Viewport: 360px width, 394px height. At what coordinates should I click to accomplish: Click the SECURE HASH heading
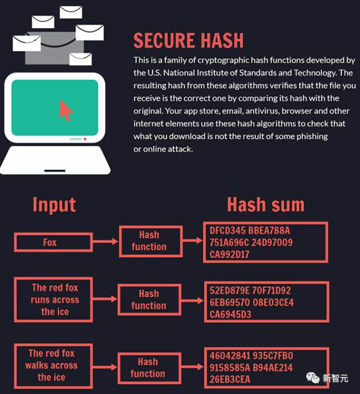tap(188, 40)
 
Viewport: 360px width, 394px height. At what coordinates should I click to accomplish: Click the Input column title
tap(54, 205)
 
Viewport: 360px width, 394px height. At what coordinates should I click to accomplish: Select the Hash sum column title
tap(265, 205)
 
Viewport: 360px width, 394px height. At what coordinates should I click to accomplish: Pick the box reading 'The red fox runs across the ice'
tap(55, 300)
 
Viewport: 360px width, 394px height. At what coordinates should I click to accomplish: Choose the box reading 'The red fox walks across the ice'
tap(51, 365)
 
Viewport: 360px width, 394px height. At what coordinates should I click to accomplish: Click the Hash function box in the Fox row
tap(148, 241)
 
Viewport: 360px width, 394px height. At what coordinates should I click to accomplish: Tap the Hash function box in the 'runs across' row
tap(148, 300)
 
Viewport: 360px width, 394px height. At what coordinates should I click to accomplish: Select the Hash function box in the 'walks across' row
tap(147, 368)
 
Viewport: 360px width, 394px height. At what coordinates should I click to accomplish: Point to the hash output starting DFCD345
tap(265, 242)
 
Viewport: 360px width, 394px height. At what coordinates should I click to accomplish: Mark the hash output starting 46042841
tap(265, 368)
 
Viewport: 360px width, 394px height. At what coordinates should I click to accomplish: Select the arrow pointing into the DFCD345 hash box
tap(192, 241)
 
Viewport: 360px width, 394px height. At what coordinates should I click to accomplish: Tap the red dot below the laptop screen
tap(85, 139)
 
